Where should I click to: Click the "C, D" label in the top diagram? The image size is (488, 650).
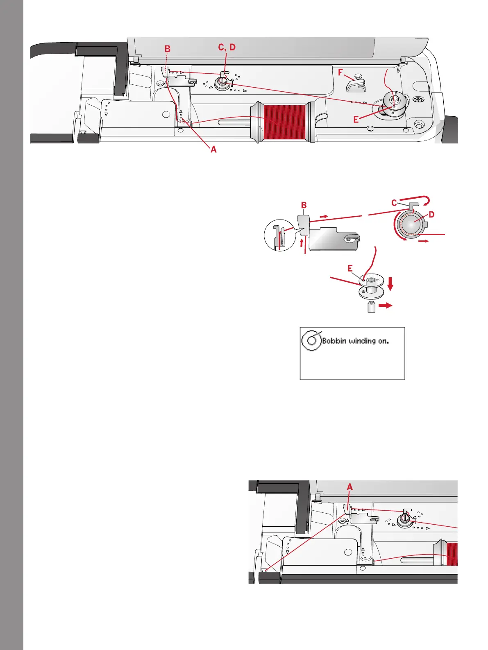coord(227,48)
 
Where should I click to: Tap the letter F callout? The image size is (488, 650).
coord(340,73)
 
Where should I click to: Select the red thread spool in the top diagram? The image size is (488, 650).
coord(284,122)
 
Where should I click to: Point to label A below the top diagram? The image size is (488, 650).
coord(213,150)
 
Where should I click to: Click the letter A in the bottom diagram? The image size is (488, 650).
coord(350,487)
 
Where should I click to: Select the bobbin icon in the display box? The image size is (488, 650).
coord(311,340)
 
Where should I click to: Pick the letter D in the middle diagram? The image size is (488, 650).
coord(431,215)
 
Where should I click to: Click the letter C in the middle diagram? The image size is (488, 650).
coord(394,203)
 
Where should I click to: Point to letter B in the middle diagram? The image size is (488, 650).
coord(304,206)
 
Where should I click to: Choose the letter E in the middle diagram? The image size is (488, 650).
coord(350,269)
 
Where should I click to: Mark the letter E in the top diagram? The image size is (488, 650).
coord(356,120)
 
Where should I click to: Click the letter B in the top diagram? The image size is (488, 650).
coord(167,49)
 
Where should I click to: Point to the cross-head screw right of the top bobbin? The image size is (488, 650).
coord(418,100)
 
